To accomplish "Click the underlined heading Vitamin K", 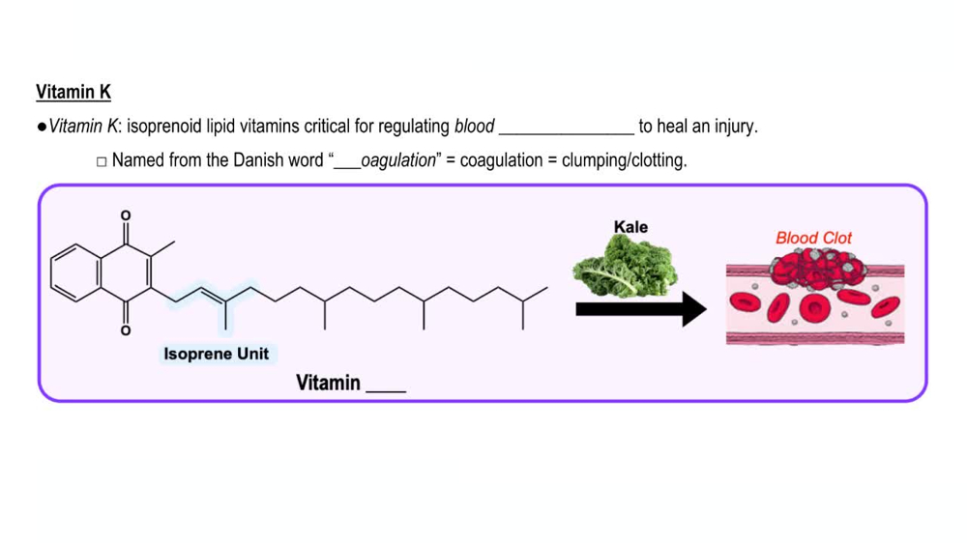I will pos(73,93).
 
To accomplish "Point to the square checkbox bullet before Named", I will pos(102,161).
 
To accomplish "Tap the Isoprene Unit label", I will pos(217,354).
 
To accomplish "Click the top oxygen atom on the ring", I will pos(125,214).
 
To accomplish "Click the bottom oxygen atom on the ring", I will pos(125,331).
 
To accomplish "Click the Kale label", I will pos(630,227).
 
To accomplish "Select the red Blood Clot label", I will pos(813,238).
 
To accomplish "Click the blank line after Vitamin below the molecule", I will pos(386,385).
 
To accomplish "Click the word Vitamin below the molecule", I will pos(328,383).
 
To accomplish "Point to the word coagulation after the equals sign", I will pos(499,160).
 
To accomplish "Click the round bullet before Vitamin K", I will pos(42,128).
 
